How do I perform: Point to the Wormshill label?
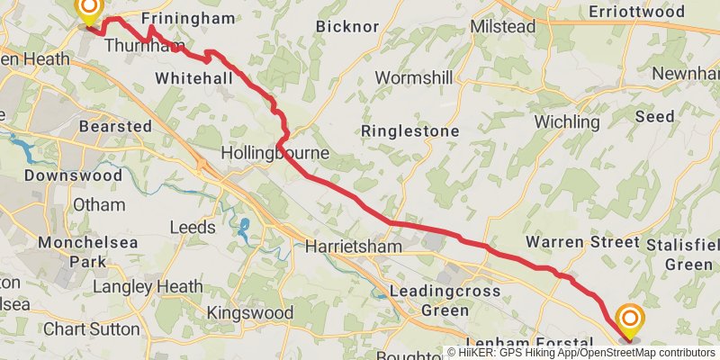pyautogui.click(x=413, y=78)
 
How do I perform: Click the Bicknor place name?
pyautogui.click(x=347, y=26)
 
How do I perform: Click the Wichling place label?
pyautogui.click(x=566, y=121)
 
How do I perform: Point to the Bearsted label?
pyautogui.click(x=115, y=127)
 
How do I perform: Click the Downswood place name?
pyautogui.click(x=73, y=175)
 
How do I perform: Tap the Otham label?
pyautogui.click(x=99, y=205)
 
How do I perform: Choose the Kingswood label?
pyautogui.click(x=250, y=312)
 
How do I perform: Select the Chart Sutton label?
pyautogui.click(x=91, y=328)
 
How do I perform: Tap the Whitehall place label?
pyautogui.click(x=193, y=79)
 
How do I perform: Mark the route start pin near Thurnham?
pyautogui.click(x=88, y=11)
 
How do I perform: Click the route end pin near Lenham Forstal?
pyautogui.click(x=629, y=321)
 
